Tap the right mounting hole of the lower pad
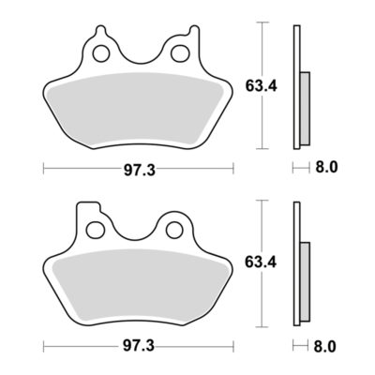[x=174, y=229]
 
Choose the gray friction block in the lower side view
[x=305, y=281]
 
